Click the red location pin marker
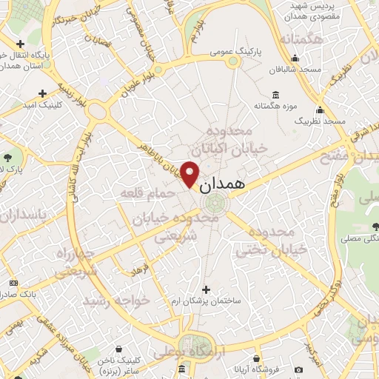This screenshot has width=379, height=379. click(190, 173)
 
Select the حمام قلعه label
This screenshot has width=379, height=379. click(150, 194)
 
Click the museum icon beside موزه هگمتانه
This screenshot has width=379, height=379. click(276, 94)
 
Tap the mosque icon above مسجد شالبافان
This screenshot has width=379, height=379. click(296, 59)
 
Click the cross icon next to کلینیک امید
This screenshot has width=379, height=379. click(41, 93)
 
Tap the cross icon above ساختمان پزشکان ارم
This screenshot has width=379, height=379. click(207, 289)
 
